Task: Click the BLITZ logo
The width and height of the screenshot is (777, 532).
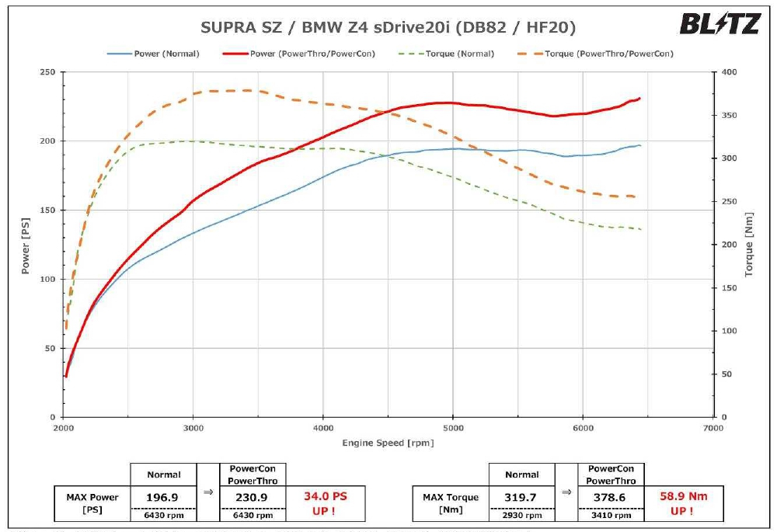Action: (x=720, y=24)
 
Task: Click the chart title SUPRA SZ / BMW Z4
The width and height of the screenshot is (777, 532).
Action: (x=388, y=28)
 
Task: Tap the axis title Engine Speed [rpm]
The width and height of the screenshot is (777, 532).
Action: (x=388, y=443)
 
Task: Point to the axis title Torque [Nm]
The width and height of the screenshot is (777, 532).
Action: (x=750, y=245)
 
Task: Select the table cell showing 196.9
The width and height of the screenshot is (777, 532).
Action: (x=163, y=497)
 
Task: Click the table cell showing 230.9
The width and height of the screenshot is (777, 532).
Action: (x=253, y=497)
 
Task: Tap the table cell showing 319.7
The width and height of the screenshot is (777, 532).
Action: (x=521, y=497)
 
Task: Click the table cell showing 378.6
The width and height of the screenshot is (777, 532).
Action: (x=611, y=497)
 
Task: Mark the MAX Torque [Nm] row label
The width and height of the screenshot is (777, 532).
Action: (x=451, y=502)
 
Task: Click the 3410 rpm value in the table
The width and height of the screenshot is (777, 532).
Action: (x=611, y=515)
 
